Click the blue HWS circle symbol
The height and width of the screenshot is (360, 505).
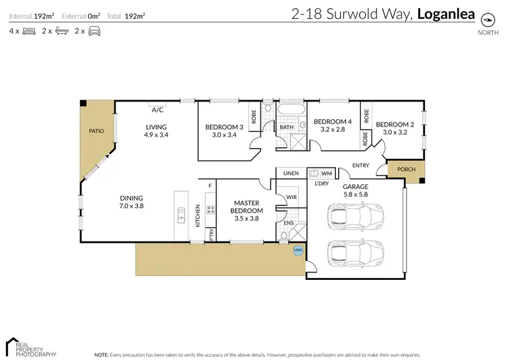coord(298,251)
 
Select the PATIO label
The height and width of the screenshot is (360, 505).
coord(96,131)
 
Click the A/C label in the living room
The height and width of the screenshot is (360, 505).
coord(158,110)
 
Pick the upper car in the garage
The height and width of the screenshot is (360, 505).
coord(351,217)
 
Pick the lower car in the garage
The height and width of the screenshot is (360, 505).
coord(351,254)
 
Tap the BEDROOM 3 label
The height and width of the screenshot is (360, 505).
coord(224,127)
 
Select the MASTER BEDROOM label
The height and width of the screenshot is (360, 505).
coord(247,207)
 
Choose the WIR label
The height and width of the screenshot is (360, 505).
coord(291,197)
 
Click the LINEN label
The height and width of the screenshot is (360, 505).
coord(291,173)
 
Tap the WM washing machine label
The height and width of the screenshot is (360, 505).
coord(327,173)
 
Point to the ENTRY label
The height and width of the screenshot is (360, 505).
coord(360,166)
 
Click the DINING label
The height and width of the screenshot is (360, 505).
coord(131,198)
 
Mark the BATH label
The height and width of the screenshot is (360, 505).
coord(286,127)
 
